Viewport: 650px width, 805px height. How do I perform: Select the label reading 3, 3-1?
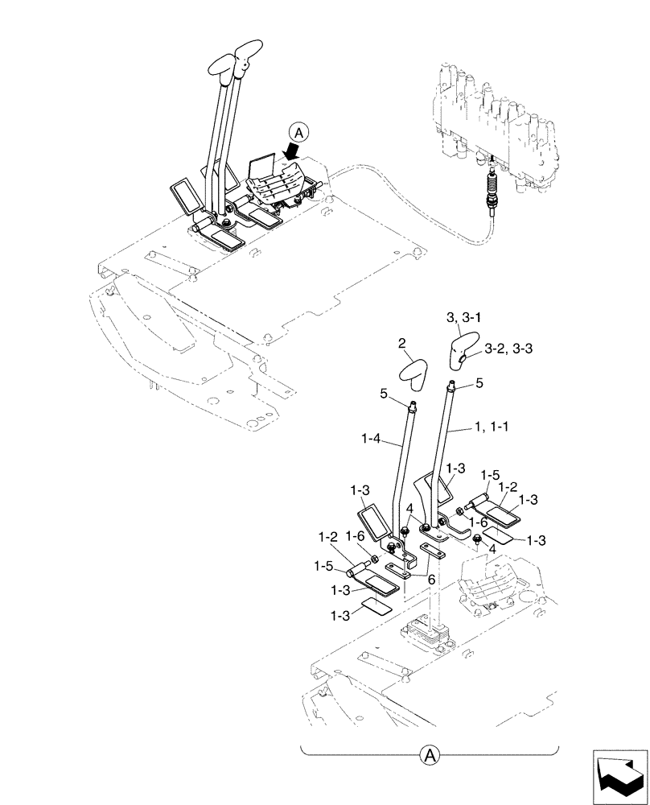(463, 320)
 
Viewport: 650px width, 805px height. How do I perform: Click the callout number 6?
(432, 579)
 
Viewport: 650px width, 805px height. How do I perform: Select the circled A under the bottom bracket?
(430, 755)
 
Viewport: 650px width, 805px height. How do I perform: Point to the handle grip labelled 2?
(415, 373)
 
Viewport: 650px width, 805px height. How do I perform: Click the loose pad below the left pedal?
(376, 607)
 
